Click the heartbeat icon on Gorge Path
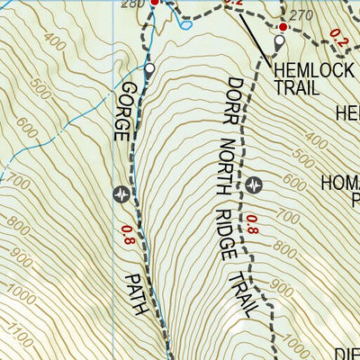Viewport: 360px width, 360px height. click(123, 193)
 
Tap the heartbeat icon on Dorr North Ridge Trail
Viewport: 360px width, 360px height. click(254, 184)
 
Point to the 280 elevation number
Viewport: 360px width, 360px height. click(132, 4)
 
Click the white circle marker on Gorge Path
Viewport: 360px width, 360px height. click(149, 68)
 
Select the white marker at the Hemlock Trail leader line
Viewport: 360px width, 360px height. click(279, 40)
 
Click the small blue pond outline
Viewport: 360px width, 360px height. click(185, 24)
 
